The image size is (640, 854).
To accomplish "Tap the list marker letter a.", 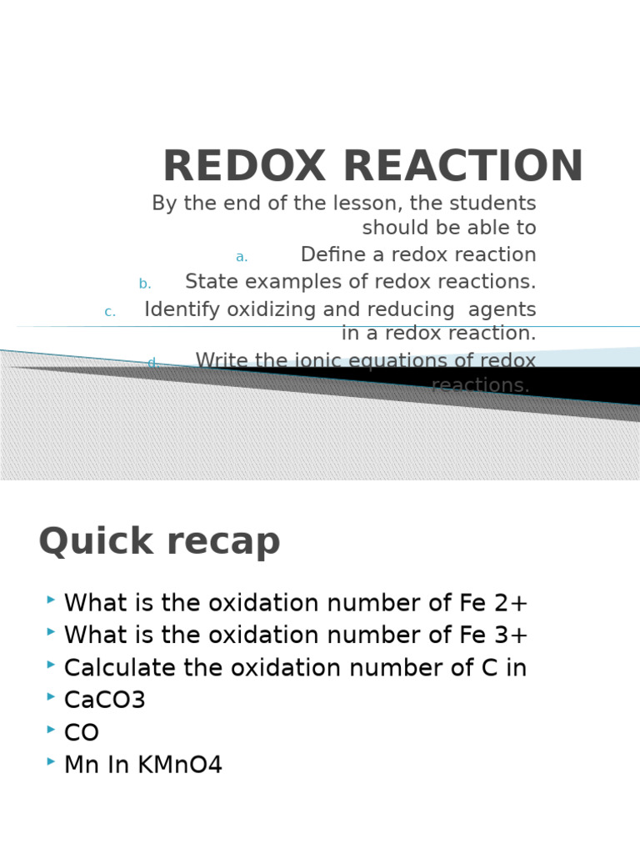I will coord(242,257).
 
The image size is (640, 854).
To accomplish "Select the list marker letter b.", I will coord(145,284).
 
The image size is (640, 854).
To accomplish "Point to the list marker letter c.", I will coord(110,312).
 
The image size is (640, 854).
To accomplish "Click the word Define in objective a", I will coord(333,255).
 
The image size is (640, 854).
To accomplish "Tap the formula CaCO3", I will coord(105,701).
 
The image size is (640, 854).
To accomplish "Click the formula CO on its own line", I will coord(82,733).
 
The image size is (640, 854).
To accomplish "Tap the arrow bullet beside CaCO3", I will coord(52,696).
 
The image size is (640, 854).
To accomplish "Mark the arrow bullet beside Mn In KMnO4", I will coord(52,761).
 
